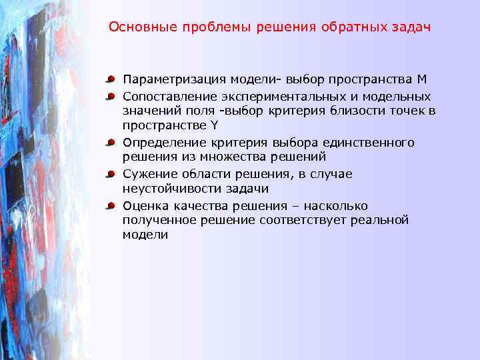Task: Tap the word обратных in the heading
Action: tap(340, 28)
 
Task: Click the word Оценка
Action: tap(143, 206)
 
